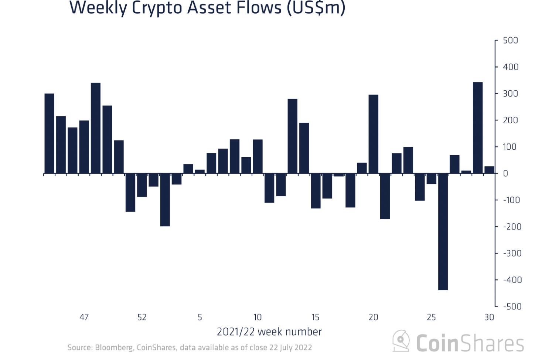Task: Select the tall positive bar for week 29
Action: point(477,128)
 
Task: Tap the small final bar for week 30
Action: point(489,170)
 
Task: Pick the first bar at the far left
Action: point(49,133)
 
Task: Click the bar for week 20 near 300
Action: point(373,134)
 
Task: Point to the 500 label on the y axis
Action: point(510,40)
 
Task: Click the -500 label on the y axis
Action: point(512,306)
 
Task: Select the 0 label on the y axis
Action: point(505,173)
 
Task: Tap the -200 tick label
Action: point(512,227)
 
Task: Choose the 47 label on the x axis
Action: point(84,317)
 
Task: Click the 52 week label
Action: point(142,317)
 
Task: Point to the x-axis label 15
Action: point(315,317)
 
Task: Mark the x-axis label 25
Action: point(431,317)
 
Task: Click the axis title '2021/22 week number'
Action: point(269,332)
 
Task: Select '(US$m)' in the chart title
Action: point(316,8)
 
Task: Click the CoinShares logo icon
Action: point(401,341)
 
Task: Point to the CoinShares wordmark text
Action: point(470,343)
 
